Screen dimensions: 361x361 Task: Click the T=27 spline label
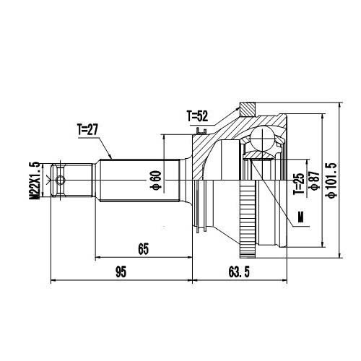(x=88, y=130)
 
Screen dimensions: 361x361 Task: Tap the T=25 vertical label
(x=297, y=185)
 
